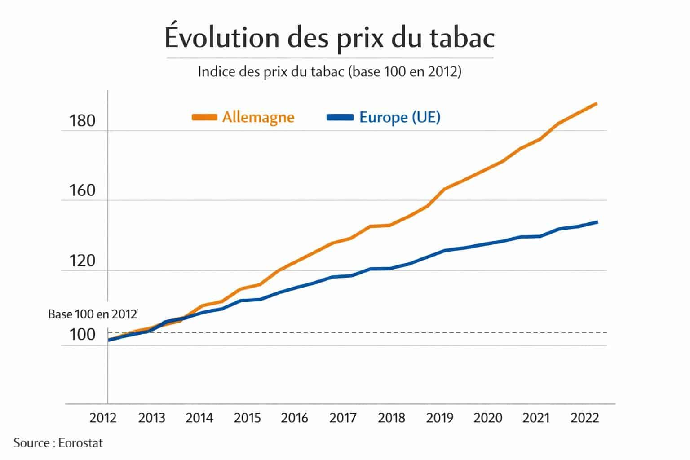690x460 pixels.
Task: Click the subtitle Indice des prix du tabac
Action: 329,72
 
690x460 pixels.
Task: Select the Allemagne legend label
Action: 258,118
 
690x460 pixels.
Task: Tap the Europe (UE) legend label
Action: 400,117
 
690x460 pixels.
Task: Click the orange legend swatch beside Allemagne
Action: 204,118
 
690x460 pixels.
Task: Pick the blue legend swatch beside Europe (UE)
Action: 341,118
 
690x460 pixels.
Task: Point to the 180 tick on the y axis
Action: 82,121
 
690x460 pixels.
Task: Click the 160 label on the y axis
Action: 82,191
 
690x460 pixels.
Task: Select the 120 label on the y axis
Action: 82,261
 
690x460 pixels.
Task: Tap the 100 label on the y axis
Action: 82,335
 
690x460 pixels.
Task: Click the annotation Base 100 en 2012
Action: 92,314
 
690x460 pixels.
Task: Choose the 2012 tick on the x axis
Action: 103,418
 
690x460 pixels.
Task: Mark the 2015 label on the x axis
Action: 247,418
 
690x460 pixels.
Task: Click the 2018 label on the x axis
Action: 391,418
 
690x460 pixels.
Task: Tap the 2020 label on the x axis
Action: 488,418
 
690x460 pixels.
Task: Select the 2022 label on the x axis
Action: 584,418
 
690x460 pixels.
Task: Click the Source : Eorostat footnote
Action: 58,443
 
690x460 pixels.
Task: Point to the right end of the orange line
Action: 596,104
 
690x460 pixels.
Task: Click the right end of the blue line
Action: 597,222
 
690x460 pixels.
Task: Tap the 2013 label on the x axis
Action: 151,418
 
